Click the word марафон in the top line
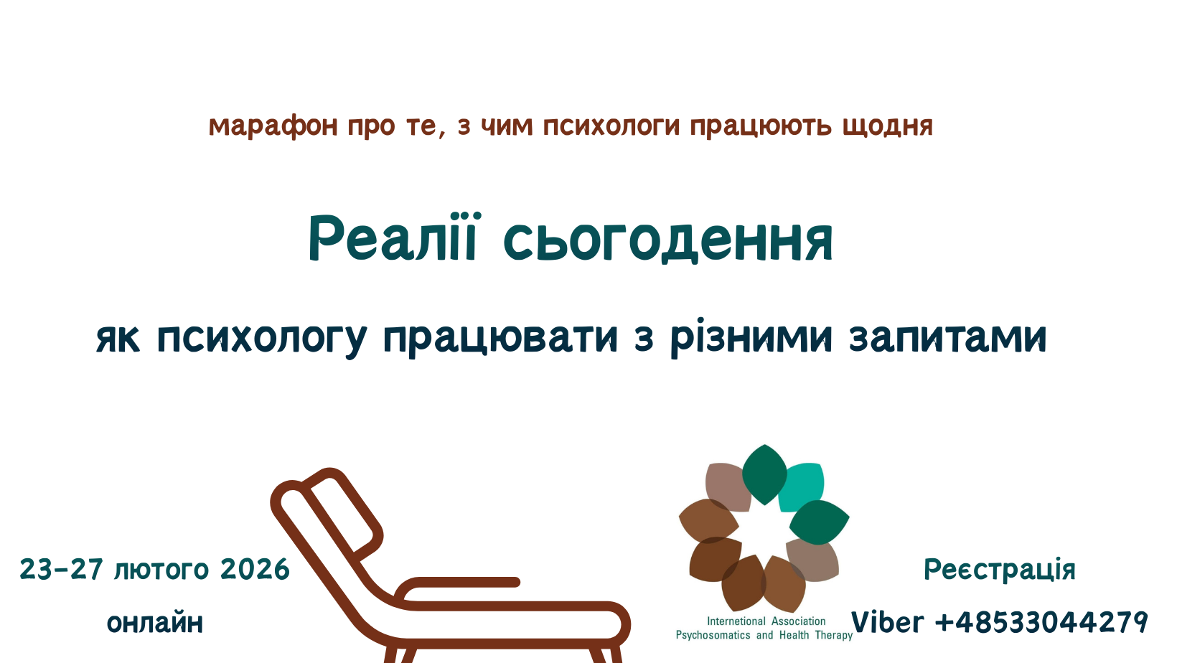[x=273, y=126]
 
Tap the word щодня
[x=888, y=127]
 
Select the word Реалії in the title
[x=392, y=238]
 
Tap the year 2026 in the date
[x=255, y=570]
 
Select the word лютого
[x=161, y=570]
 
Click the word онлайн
[x=155, y=623]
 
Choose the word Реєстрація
[x=1000, y=570]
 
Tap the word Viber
[x=888, y=623]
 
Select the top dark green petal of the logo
[x=764, y=474]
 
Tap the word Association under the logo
[x=799, y=621]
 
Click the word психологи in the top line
[x=611, y=127]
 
